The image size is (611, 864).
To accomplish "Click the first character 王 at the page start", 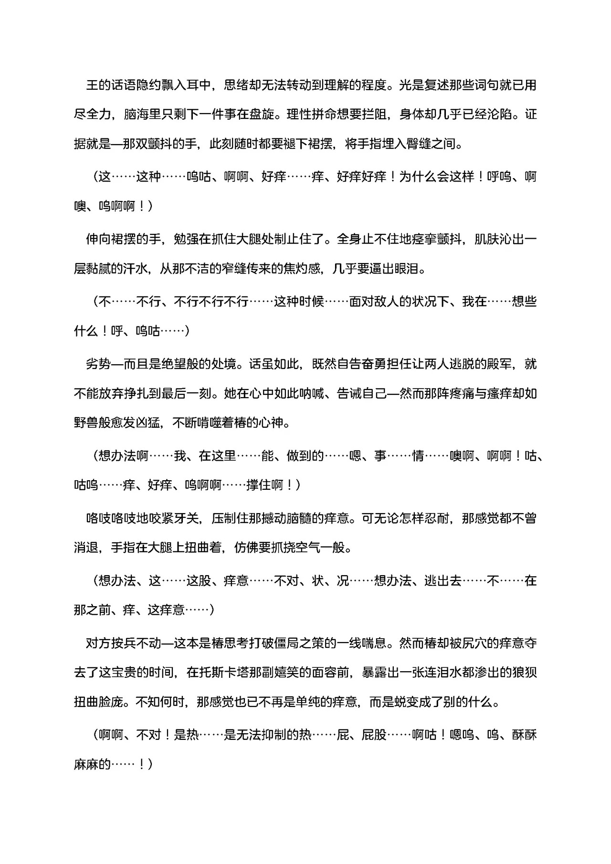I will coord(92,85).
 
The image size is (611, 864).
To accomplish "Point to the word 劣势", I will coord(98,364).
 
